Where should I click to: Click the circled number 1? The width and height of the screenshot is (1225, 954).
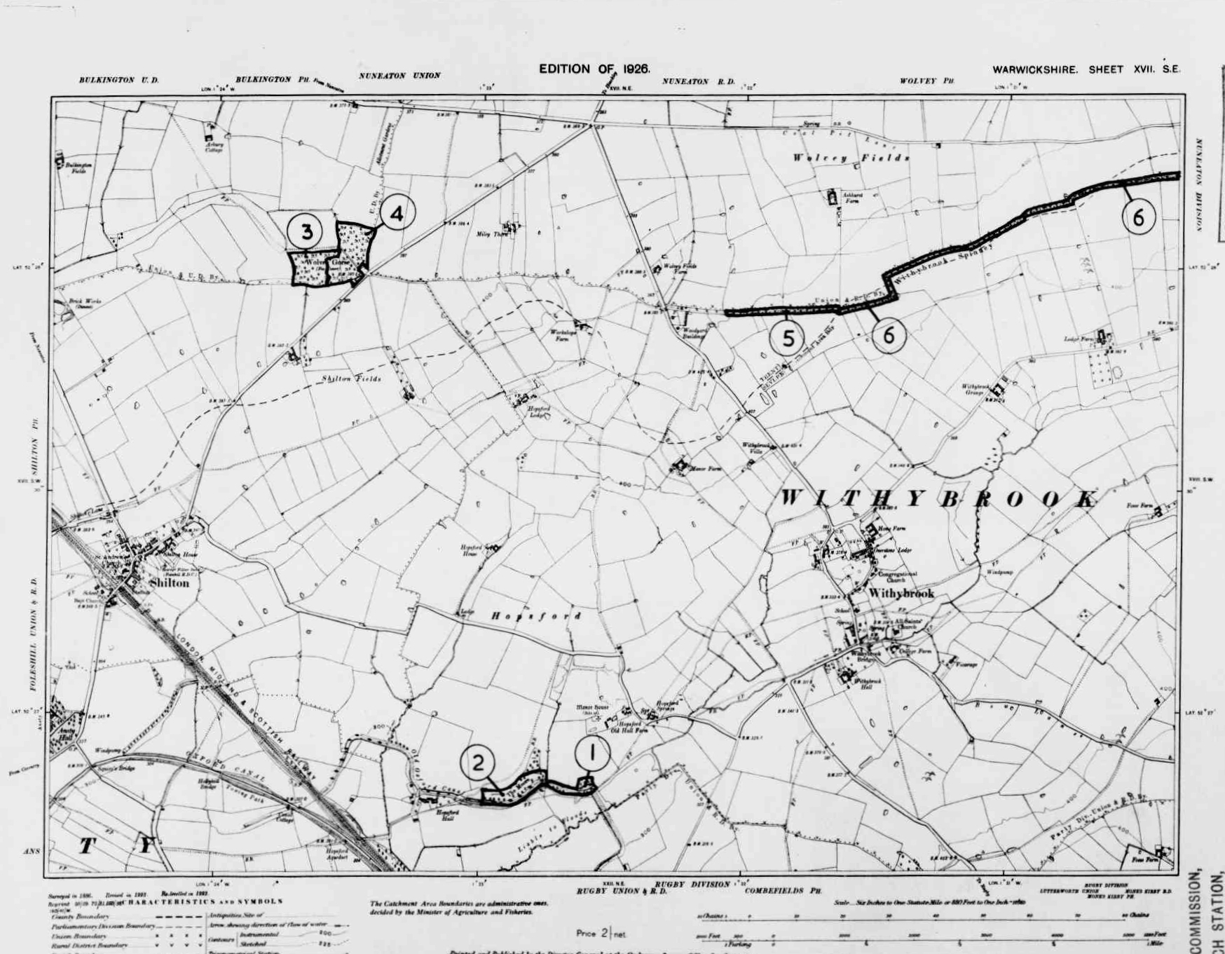point(592,754)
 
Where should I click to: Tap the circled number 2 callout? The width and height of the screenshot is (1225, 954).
point(478,763)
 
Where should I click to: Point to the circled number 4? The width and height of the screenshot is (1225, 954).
point(397,214)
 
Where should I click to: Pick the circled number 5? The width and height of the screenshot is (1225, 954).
point(788,338)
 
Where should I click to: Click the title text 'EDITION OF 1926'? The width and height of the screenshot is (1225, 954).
point(594,69)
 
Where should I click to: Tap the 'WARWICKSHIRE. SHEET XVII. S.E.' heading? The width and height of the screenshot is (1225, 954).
point(1086,69)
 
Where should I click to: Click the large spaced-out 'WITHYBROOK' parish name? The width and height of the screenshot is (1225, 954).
point(939,498)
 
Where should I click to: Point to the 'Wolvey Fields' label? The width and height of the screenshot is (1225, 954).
point(851,158)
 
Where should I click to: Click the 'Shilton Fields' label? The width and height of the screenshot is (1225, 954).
point(352,379)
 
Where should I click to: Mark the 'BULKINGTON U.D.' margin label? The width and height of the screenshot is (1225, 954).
point(118,80)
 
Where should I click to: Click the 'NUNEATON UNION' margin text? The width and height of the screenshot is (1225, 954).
point(399,75)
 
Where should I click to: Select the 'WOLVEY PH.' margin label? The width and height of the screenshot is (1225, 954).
point(926,81)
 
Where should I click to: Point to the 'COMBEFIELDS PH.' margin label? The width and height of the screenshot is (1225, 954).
point(783,891)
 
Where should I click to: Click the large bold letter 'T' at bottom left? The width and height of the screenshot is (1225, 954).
point(86,846)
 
